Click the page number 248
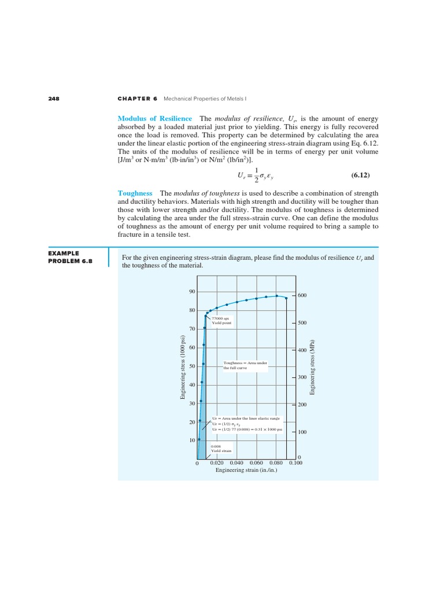[54, 99]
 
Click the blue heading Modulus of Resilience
[154, 118]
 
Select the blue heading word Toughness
[135, 193]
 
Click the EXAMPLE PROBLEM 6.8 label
[69, 257]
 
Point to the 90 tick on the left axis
[192, 292]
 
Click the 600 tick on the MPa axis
[302, 295]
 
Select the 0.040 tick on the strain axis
[236, 463]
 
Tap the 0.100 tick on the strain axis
[295, 463]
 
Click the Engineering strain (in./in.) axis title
[246, 470]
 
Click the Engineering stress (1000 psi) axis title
[183, 367]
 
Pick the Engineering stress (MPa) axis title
[313, 367]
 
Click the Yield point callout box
[221, 320]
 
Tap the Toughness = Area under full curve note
[242, 365]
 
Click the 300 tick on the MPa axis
[302, 377]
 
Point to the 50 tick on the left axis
[192, 366]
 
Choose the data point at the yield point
[206, 314]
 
